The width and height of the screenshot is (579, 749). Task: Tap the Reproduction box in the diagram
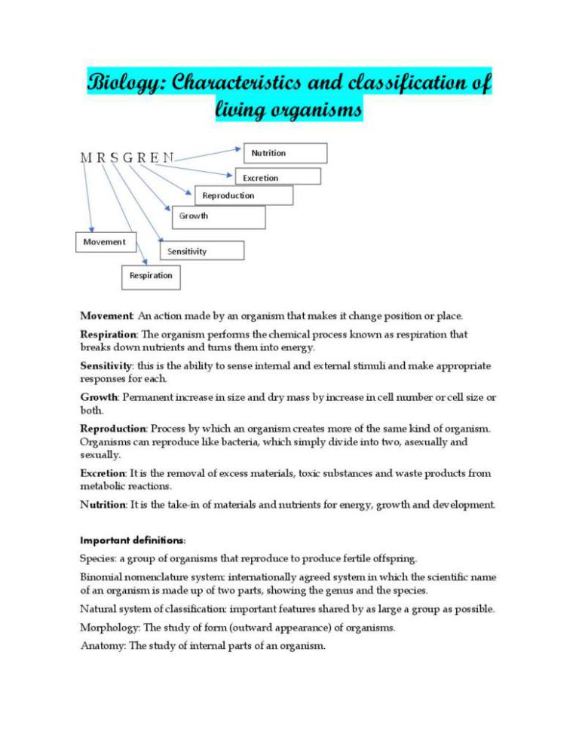[x=244, y=196]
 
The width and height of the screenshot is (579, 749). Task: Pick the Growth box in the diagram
[x=219, y=217]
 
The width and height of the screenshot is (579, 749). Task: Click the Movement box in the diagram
[x=105, y=242]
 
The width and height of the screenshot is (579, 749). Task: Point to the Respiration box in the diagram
[x=152, y=276]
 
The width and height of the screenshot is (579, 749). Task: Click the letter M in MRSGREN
[x=86, y=158]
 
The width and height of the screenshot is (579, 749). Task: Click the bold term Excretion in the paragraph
[x=103, y=473]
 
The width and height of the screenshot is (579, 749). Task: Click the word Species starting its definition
[x=98, y=558]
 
